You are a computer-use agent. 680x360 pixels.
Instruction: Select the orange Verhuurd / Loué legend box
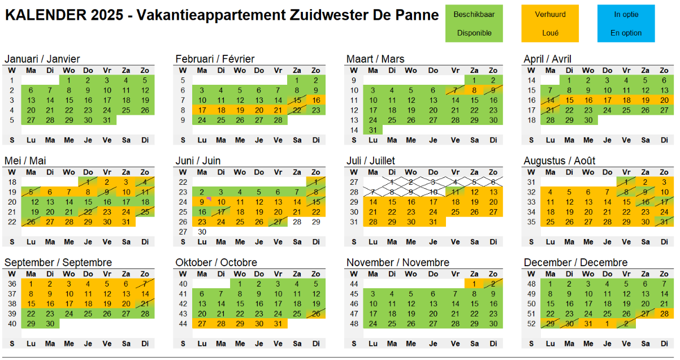coord(550,23)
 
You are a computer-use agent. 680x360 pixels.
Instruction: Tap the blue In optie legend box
coord(626,23)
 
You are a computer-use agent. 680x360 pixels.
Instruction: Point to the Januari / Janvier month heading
coord(42,59)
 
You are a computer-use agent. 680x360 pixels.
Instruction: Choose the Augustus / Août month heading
coord(560,161)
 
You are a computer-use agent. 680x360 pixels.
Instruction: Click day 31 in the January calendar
coord(107,120)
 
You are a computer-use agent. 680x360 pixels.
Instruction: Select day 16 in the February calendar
coord(316,100)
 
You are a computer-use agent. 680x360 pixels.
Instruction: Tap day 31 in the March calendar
coord(373,130)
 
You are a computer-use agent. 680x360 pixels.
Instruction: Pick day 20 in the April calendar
coord(664,100)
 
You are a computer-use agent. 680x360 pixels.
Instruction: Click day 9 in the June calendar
coord(202,202)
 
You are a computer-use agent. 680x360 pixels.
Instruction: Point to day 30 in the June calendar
coord(202,232)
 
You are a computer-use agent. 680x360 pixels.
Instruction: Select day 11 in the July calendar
coord(455,192)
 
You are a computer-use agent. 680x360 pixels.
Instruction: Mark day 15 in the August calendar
coord(626,202)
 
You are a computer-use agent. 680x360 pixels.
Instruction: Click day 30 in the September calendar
coord(50,324)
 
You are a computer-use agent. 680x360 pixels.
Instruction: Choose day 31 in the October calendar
coord(278,324)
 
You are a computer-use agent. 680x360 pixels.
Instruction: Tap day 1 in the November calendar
coord(474,284)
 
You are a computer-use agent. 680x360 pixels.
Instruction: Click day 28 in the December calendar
coord(664,314)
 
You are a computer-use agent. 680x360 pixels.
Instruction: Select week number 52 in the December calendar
coord(531,324)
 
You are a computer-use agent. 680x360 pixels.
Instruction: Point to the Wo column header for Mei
coord(69,172)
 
